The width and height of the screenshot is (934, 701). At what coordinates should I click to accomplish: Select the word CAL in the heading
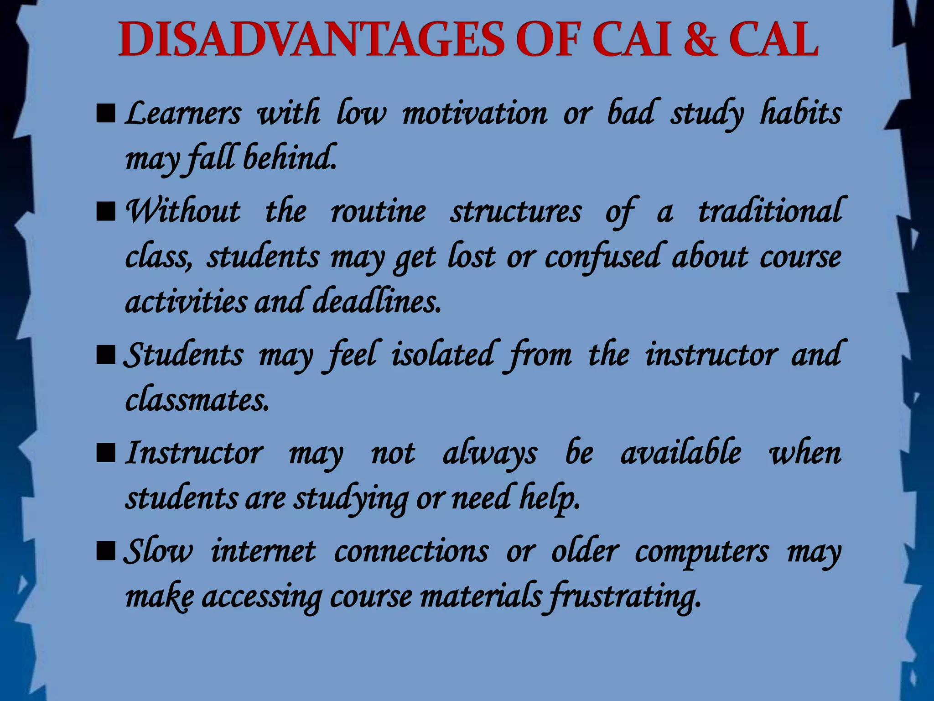click(773, 40)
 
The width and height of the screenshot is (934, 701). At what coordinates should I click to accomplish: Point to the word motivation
click(474, 113)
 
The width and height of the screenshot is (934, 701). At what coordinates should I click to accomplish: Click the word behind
click(290, 158)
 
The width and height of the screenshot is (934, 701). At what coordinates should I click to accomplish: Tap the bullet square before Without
click(106, 212)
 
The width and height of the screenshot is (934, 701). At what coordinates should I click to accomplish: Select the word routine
click(378, 212)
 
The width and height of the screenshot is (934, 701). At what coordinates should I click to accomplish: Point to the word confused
click(602, 257)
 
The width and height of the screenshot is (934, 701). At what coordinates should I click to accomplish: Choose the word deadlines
click(377, 302)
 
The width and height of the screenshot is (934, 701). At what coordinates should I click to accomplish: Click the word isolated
click(443, 355)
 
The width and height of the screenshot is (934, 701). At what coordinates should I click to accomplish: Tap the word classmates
click(197, 400)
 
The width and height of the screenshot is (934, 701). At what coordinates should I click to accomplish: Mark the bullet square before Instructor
click(106, 454)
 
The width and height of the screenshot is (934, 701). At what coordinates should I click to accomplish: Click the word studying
click(351, 499)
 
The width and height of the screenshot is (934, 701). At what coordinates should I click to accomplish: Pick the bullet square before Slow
click(106, 551)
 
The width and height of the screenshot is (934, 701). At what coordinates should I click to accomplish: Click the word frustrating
click(624, 597)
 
